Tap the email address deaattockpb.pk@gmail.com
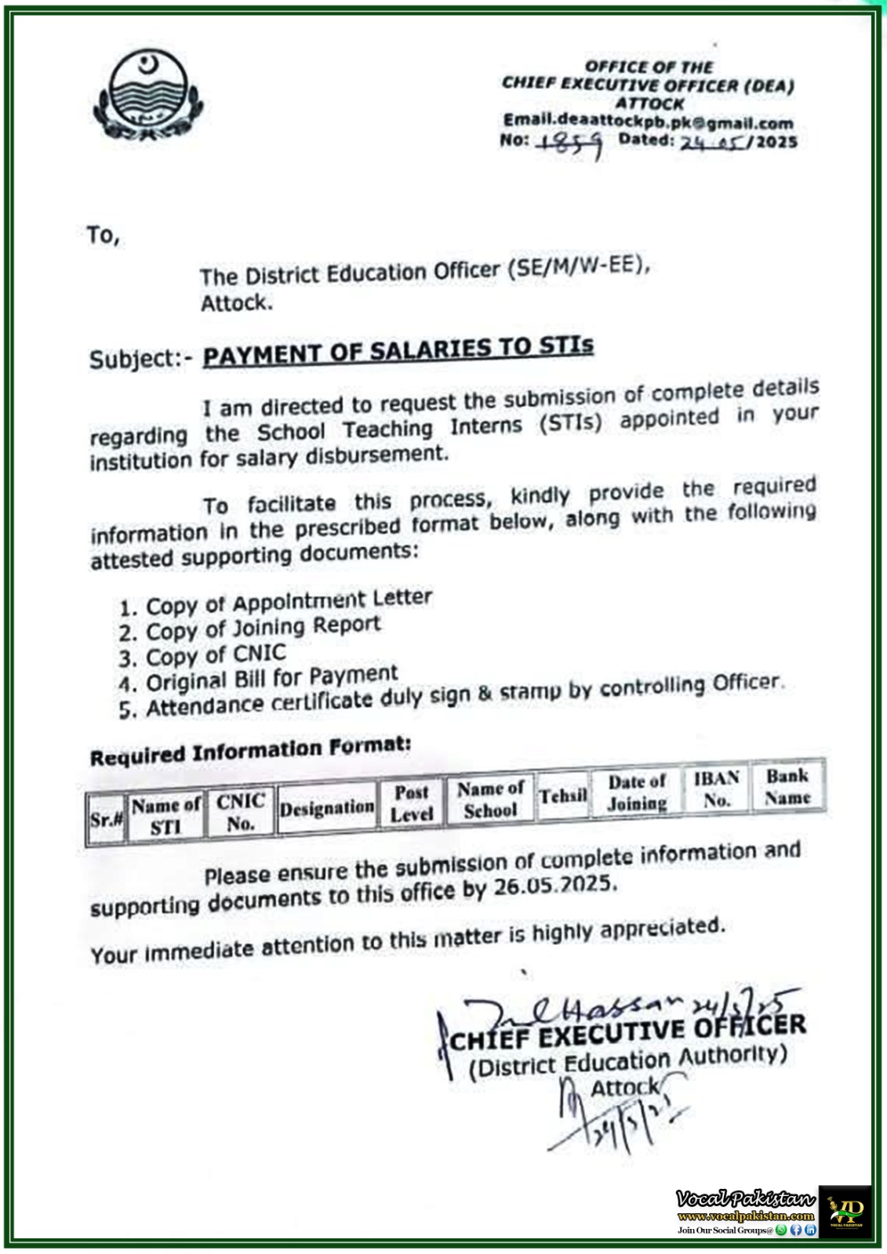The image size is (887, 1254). pyautogui.click(x=648, y=122)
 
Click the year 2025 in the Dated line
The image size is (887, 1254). pyautogui.click(x=776, y=142)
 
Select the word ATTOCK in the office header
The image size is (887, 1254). pyautogui.click(x=649, y=103)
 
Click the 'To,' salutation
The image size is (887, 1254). pyautogui.click(x=103, y=235)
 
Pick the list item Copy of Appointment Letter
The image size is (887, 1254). pyautogui.click(x=289, y=603)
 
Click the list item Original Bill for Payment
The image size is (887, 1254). pyautogui.click(x=271, y=679)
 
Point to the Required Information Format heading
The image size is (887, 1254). pyautogui.click(x=250, y=752)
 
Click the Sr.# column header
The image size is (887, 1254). pyautogui.click(x=106, y=820)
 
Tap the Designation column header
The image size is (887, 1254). pyautogui.click(x=326, y=808)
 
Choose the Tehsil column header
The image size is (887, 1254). pyautogui.click(x=562, y=796)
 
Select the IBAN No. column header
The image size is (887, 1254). pyautogui.click(x=716, y=789)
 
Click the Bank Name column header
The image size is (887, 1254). pyautogui.click(x=787, y=786)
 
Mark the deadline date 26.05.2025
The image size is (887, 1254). pyautogui.click(x=554, y=886)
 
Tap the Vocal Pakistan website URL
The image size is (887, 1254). pyautogui.click(x=745, y=1216)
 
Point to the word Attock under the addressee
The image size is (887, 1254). pyautogui.click(x=236, y=303)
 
